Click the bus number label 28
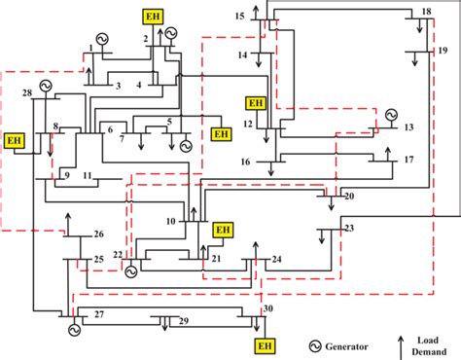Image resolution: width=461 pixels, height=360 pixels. pyautogui.click(x=27, y=92)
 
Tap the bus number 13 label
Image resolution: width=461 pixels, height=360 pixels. pyautogui.click(x=408, y=127)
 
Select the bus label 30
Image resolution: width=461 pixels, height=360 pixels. pyautogui.click(x=268, y=309)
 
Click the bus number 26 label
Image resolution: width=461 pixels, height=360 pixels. pyautogui.click(x=98, y=235)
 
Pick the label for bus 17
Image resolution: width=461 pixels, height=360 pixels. pyautogui.click(x=408, y=159)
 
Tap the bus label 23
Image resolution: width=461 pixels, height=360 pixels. pyautogui.click(x=349, y=229)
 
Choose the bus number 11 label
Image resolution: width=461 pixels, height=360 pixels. pyautogui.click(x=87, y=176)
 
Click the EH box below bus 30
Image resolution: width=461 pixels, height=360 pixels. pyautogui.click(x=264, y=345)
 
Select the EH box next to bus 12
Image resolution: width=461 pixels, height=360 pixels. pyautogui.click(x=256, y=103)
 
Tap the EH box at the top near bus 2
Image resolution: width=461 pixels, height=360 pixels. pyautogui.click(x=153, y=18)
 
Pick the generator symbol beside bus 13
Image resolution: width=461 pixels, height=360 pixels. pyautogui.click(x=391, y=114)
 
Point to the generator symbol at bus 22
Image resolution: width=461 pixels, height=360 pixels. pyautogui.click(x=131, y=272)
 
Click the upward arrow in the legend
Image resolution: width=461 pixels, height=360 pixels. pyautogui.click(x=400, y=343)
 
